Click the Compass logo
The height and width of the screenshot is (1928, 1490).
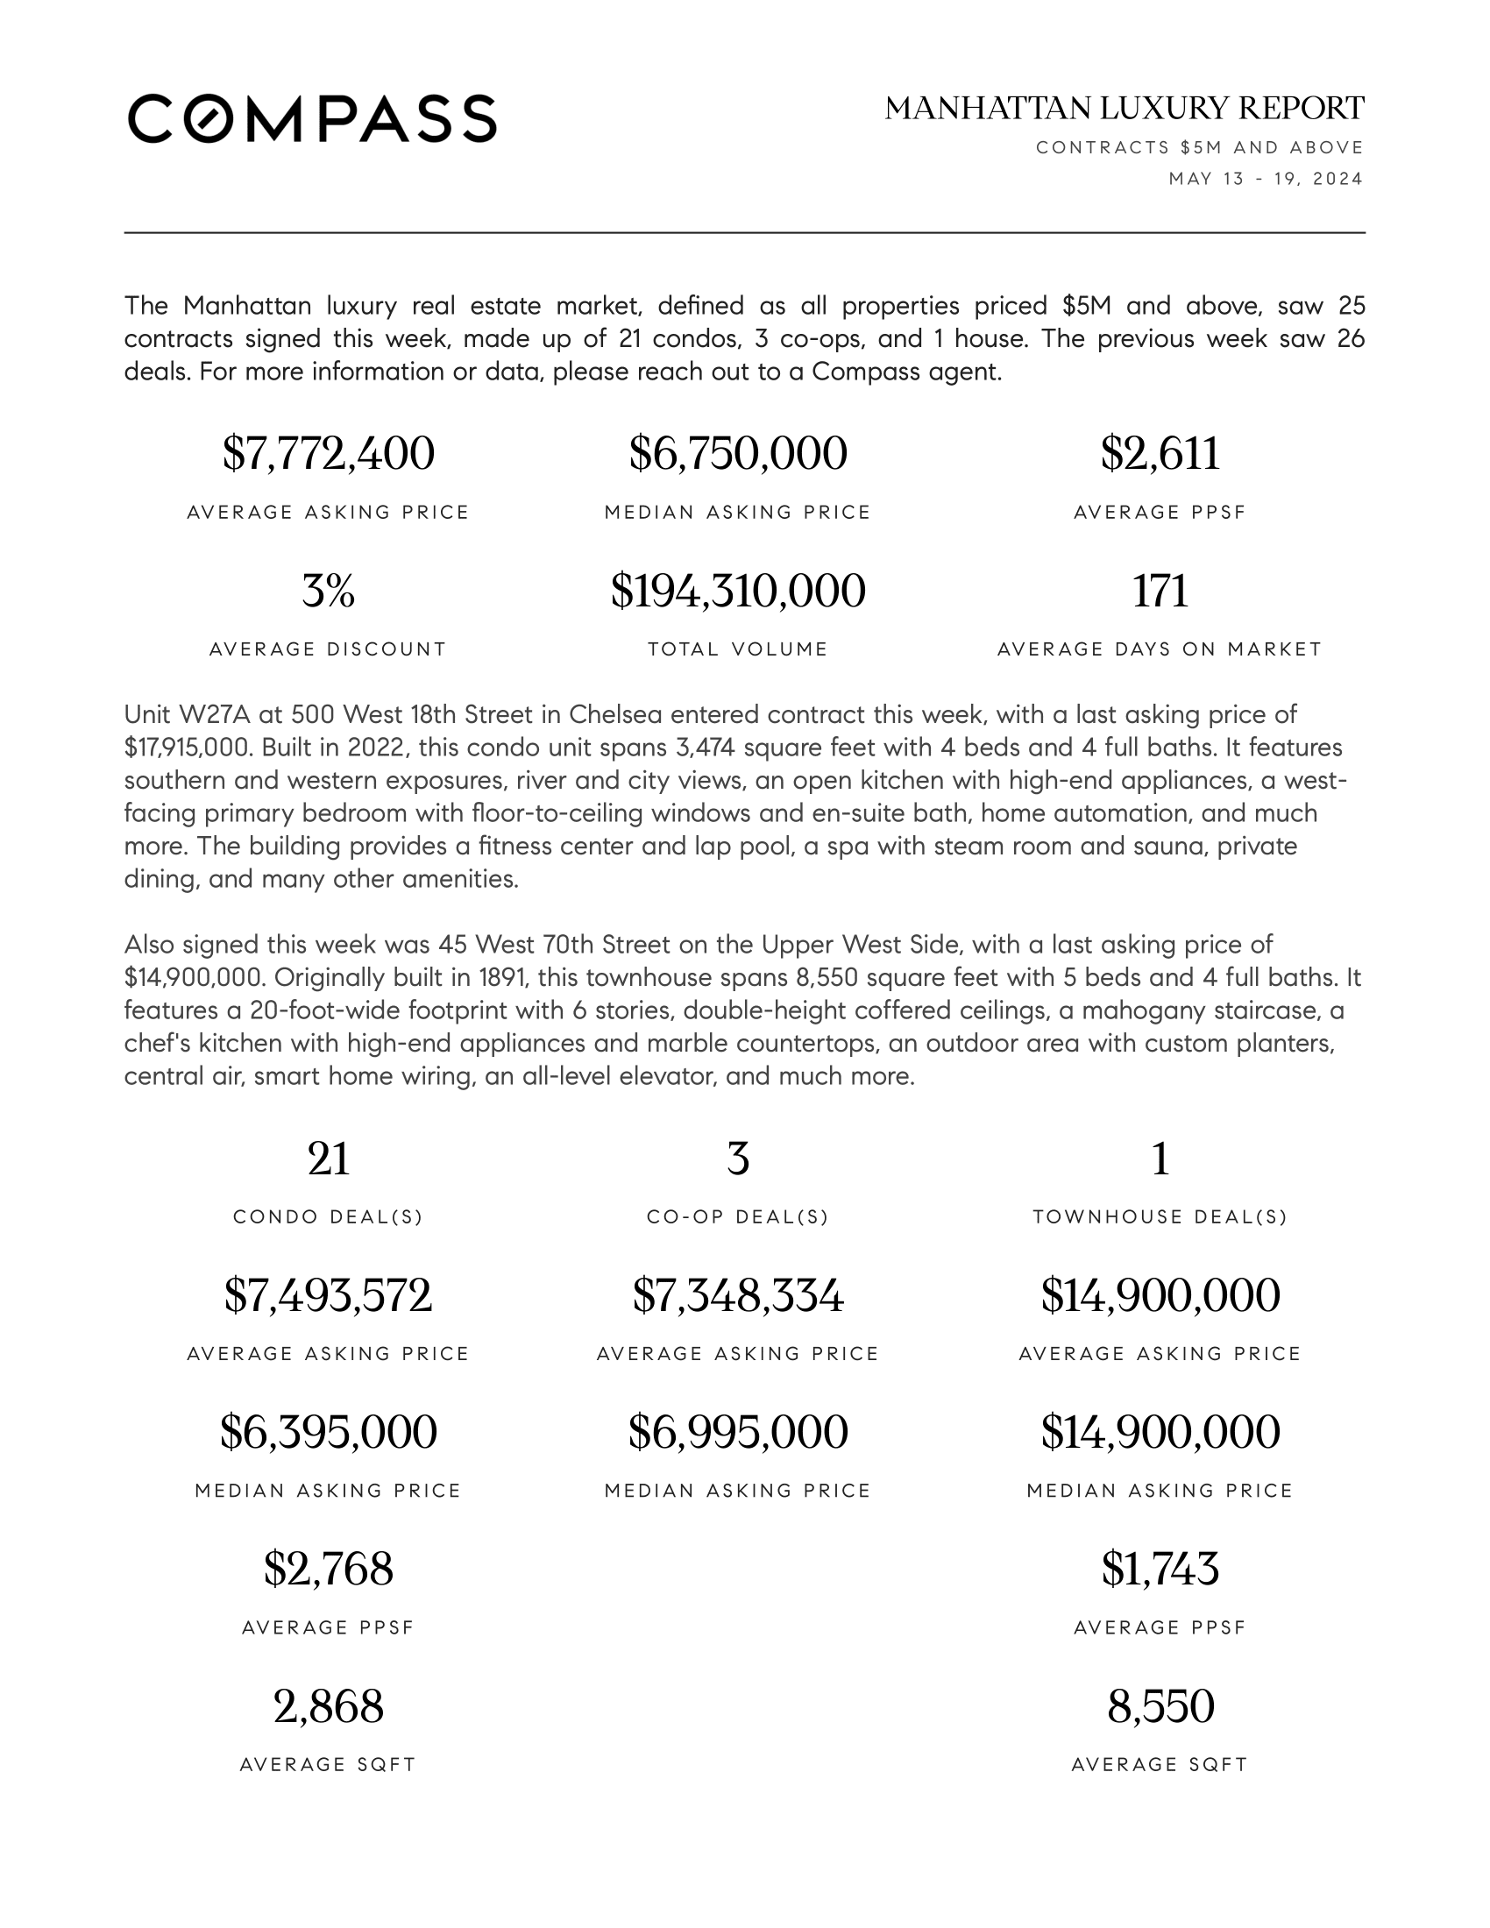point(312,118)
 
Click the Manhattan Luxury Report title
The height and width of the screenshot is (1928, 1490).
point(1125,109)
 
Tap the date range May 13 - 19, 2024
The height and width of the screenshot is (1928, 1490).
point(1266,179)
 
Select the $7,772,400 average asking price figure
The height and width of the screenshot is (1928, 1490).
point(329,453)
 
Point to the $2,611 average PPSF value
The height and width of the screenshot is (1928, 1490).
point(1160,453)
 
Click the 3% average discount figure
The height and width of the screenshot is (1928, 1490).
point(329,591)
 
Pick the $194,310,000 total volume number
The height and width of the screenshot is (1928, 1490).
point(738,591)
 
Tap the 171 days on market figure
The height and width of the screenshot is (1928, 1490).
point(1160,591)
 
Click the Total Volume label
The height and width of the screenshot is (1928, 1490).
point(738,649)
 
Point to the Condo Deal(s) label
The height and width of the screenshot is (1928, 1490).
point(329,1217)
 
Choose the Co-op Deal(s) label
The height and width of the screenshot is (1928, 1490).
point(738,1217)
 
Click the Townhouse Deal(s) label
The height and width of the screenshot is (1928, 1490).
point(1160,1217)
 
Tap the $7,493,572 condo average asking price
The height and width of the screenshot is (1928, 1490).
point(329,1295)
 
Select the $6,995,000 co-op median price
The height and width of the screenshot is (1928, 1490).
point(738,1432)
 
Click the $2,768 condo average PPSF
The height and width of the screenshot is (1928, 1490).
point(329,1569)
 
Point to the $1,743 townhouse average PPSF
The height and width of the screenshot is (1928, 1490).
point(1160,1569)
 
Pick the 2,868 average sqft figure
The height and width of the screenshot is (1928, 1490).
point(329,1706)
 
